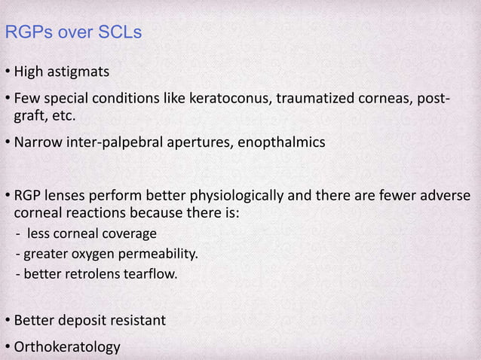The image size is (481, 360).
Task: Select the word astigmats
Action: [x=78, y=72]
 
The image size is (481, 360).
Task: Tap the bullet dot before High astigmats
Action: [x=6, y=72]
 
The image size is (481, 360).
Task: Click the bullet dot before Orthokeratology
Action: [x=6, y=347]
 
